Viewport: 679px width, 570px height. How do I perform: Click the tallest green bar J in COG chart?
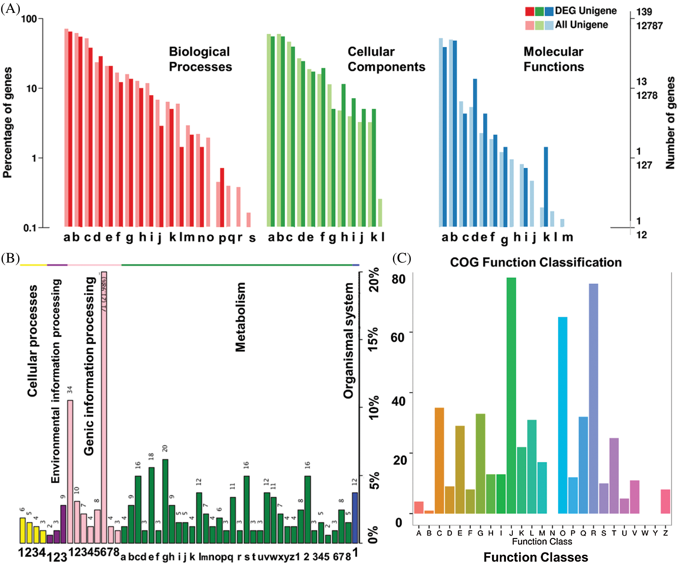click(511, 395)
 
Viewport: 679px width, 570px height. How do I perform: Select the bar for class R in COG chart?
click(593, 398)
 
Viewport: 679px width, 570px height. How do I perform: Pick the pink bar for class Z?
click(665, 501)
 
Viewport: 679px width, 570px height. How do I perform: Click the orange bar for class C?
click(439, 460)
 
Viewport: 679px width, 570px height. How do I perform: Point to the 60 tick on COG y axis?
click(398, 337)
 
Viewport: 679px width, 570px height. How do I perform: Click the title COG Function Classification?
click(536, 262)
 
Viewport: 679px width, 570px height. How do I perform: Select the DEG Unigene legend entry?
click(585, 11)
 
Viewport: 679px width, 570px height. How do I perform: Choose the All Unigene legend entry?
click(581, 25)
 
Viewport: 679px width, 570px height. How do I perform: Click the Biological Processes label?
click(200, 59)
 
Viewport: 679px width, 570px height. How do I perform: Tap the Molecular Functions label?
click(554, 59)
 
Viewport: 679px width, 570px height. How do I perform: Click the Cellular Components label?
click(386, 59)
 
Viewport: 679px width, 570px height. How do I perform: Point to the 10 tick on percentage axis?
click(32, 88)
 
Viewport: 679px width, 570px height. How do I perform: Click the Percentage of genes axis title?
click(8, 123)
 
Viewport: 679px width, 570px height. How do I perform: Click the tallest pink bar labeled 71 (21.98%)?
click(104, 407)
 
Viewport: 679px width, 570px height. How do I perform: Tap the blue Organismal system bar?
click(355, 518)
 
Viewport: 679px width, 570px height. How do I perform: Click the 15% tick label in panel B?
click(373, 339)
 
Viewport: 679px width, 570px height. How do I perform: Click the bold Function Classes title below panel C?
click(536, 557)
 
